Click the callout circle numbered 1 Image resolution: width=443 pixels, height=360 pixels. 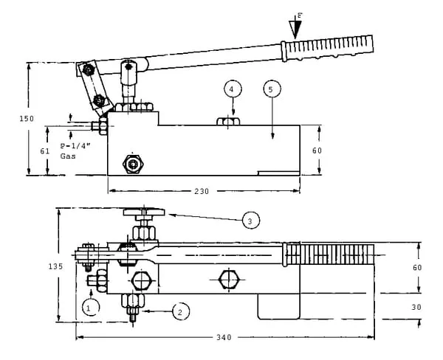pos(90,306)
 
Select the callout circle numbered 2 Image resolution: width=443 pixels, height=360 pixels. pos(179,312)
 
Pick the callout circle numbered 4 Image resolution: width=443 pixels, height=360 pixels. pos(232,89)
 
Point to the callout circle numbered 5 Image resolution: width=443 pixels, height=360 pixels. pos(271,89)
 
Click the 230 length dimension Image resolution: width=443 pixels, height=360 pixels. pos(202,192)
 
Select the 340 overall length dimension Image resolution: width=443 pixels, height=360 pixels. pos(224,338)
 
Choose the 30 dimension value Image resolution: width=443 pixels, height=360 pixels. pos(416,307)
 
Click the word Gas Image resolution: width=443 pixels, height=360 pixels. pos(69,157)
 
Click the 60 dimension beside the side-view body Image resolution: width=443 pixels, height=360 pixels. pos(317,150)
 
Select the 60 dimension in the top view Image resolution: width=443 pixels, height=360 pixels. pos(416,267)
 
